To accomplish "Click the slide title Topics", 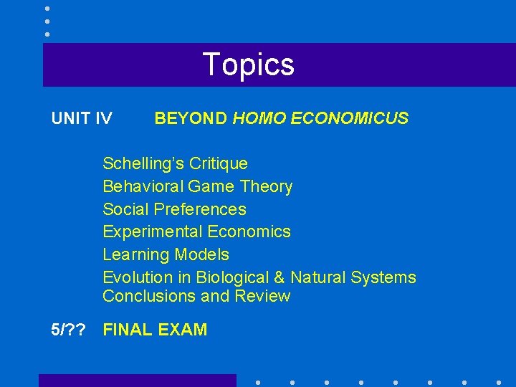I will (x=248, y=64).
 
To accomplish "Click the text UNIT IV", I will (x=82, y=118).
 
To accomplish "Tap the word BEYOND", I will (x=191, y=118).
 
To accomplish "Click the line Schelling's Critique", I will (x=175, y=164).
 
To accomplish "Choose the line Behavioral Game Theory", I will (x=197, y=187).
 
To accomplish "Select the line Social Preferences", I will (x=174, y=209).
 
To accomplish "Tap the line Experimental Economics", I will (x=196, y=231).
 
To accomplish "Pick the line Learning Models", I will (x=166, y=254).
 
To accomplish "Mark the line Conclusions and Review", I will (x=196, y=296).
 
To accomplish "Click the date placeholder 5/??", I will (x=69, y=330).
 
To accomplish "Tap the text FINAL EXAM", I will (x=155, y=330).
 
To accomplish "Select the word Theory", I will (x=267, y=187).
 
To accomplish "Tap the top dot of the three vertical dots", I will (x=47, y=9).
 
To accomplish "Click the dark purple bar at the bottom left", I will (x=137, y=381).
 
